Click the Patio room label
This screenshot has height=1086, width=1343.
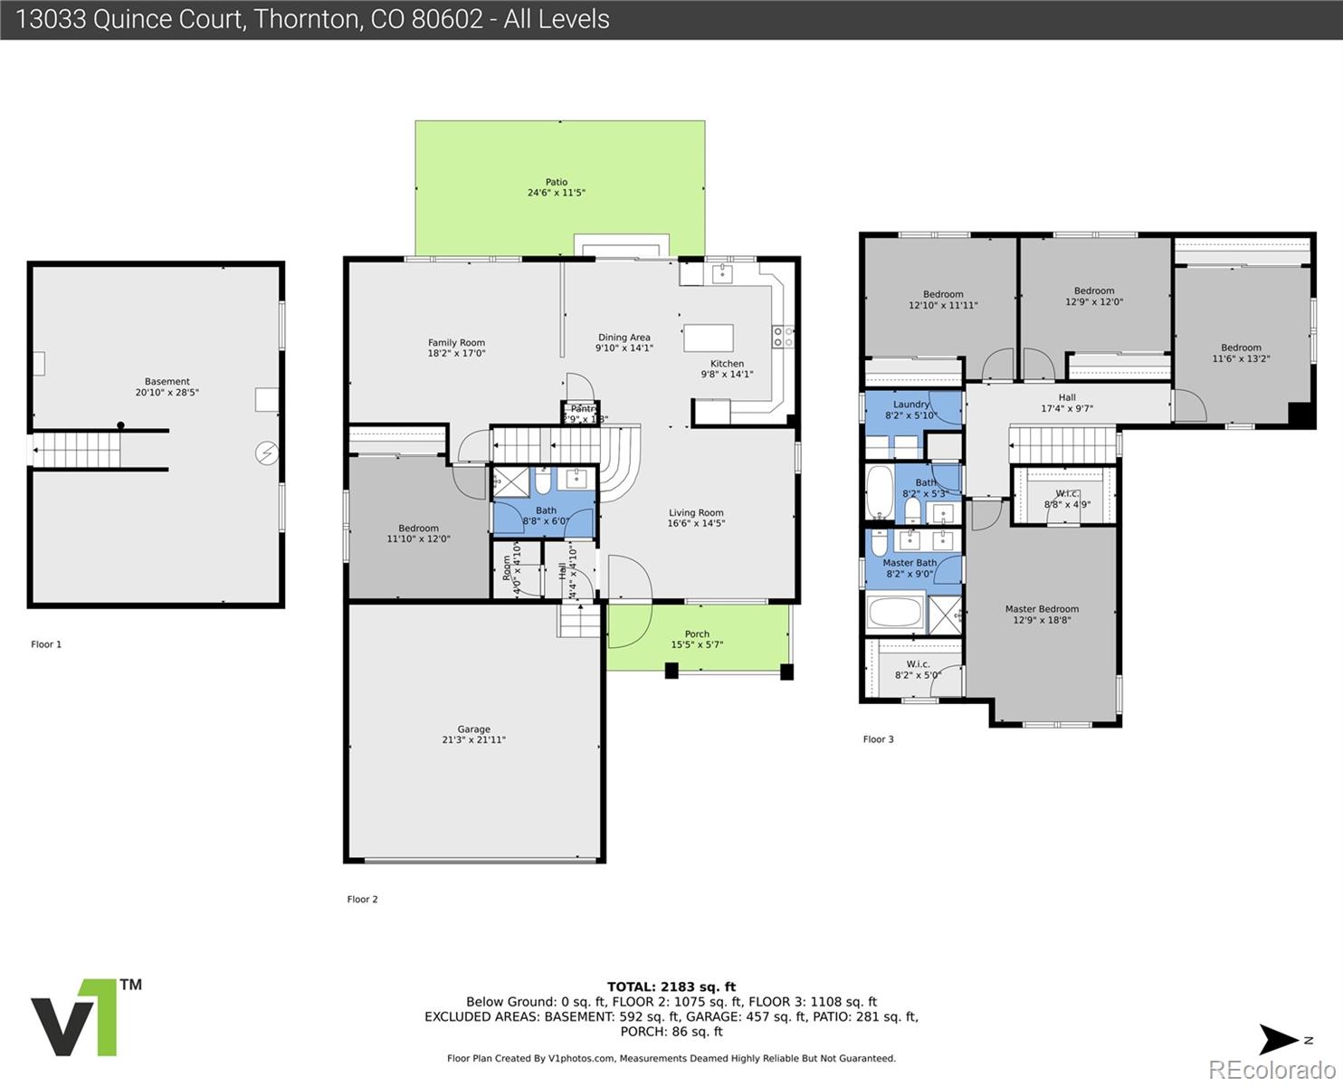click(x=557, y=182)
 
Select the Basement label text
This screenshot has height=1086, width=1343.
click(x=167, y=381)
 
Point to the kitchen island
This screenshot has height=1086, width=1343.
click(x=709, y=338)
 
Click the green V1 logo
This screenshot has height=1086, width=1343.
click(x=76, y=1017)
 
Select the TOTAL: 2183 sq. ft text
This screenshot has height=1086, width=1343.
click(x=671, y=986)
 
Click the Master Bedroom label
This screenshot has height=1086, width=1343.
click(x=1042, y=609)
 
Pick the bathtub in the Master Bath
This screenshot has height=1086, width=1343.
click(x=895, y=613)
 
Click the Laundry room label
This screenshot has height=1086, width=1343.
click(x=910, y=405)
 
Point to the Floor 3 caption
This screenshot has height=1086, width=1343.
click(x=878, y=739)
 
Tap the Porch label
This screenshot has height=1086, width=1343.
click(x=697, y=633)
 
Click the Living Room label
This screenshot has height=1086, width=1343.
click(x=696, y=512)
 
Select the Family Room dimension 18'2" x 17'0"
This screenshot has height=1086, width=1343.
click(x=456, y=353)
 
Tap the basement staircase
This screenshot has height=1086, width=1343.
click(x=77, y=449)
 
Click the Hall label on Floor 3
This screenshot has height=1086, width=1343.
click(x=1067, y=397)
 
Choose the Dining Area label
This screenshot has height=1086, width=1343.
click(x=624, y=338)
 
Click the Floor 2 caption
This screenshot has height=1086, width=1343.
click(x=362, y=900)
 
